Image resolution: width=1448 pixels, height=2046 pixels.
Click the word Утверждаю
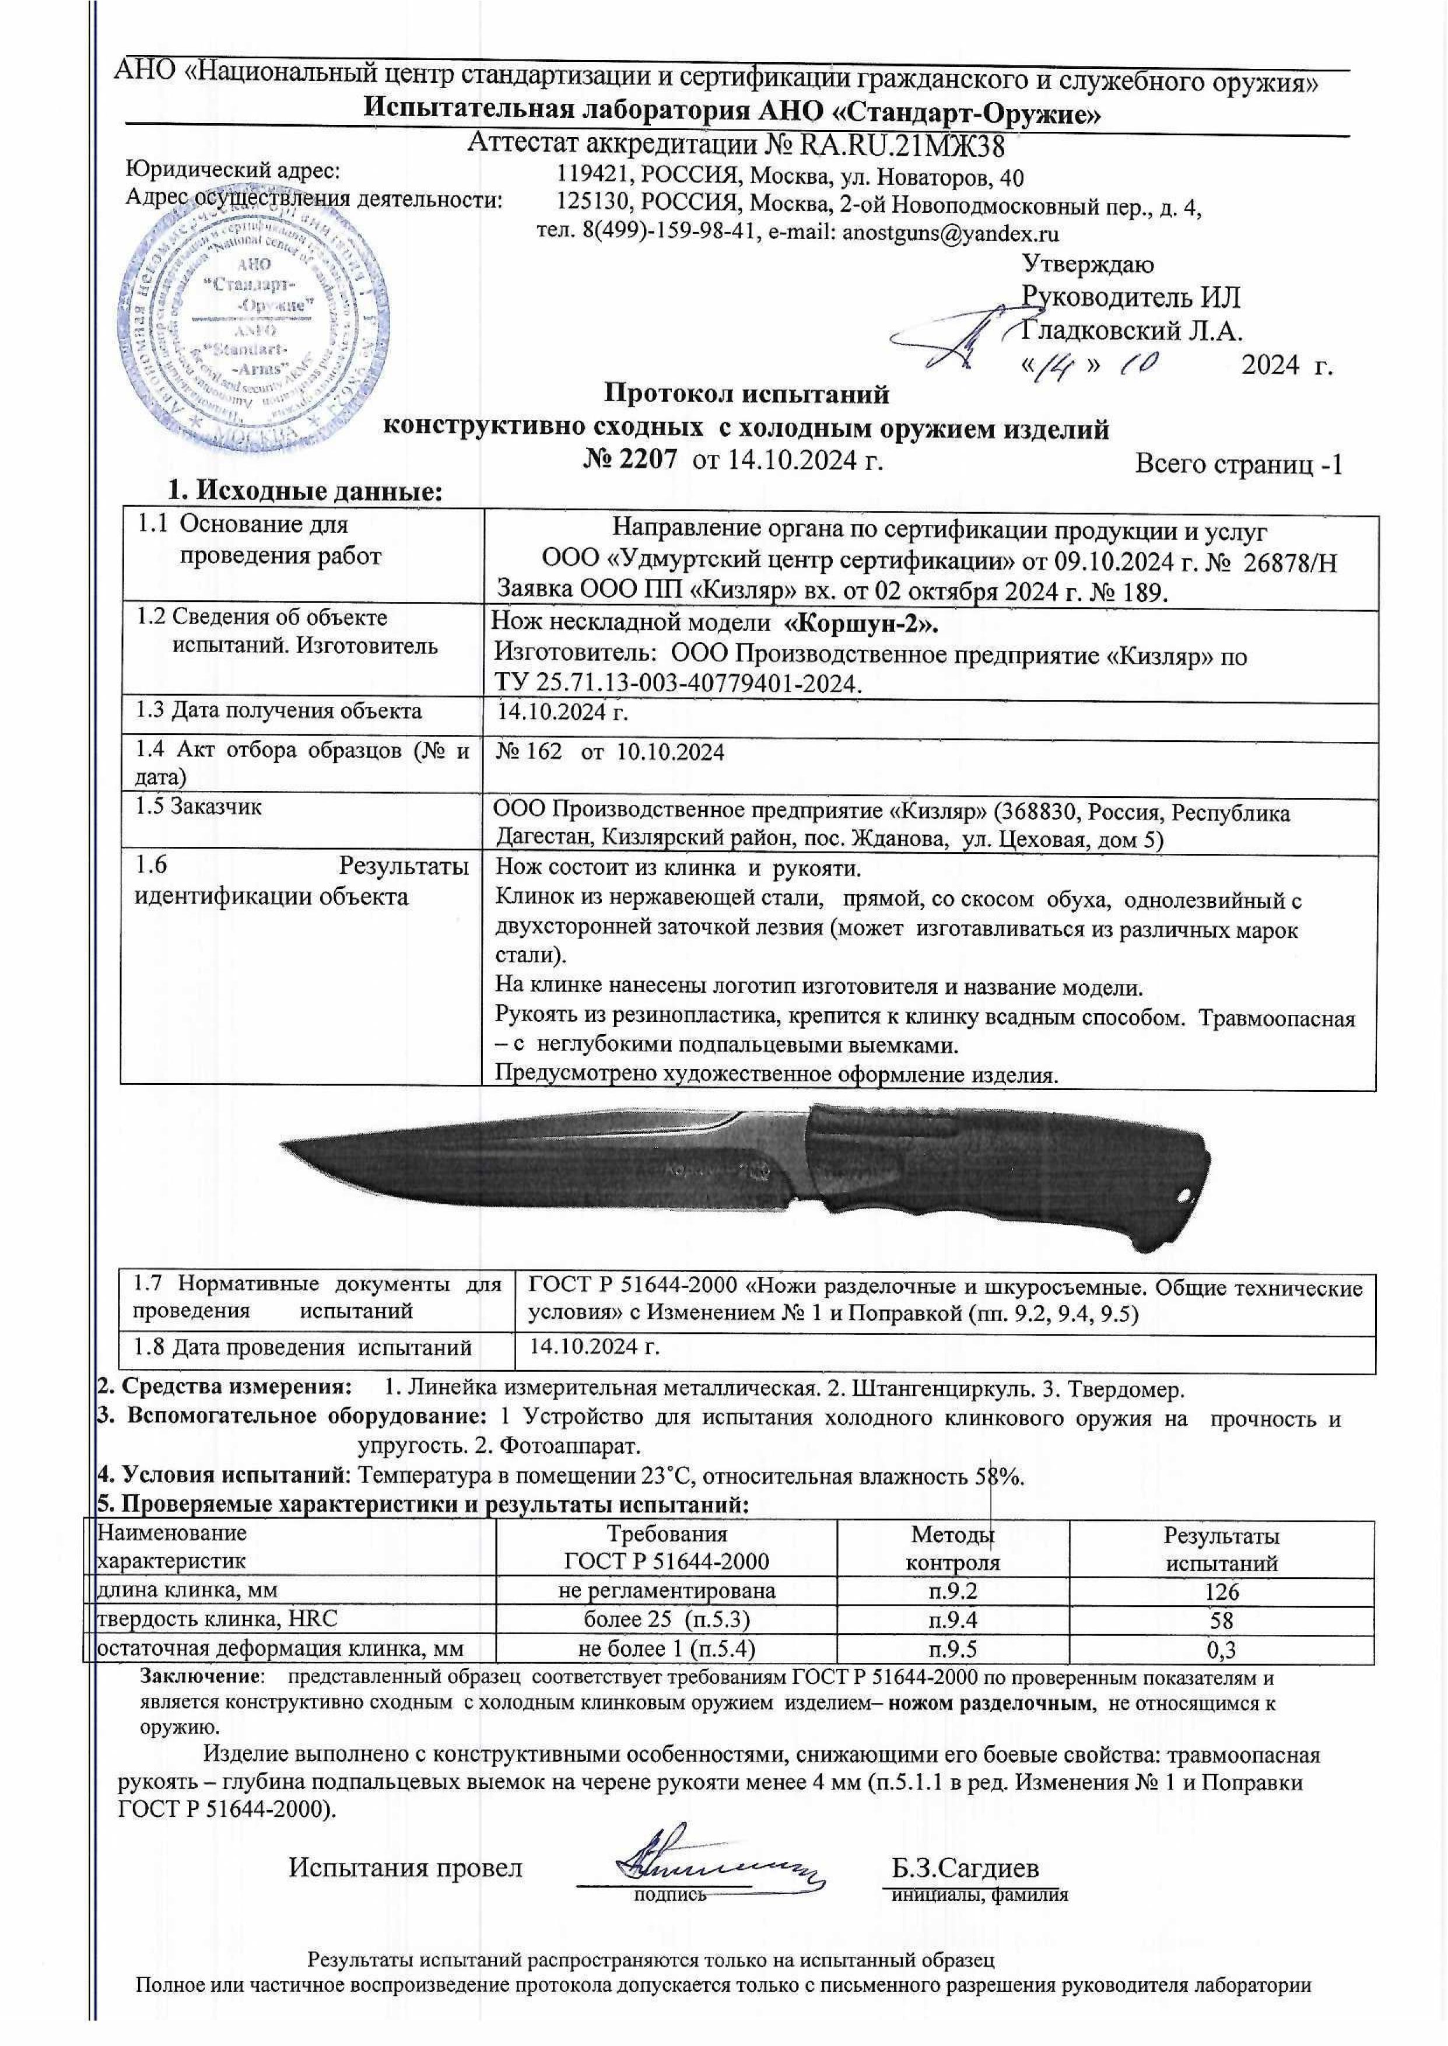point(1087,265)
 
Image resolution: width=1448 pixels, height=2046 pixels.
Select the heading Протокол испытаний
point(747,393)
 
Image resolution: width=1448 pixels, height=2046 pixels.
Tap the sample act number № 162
point(529,752)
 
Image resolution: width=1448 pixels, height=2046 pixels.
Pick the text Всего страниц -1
point(1239,464)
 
